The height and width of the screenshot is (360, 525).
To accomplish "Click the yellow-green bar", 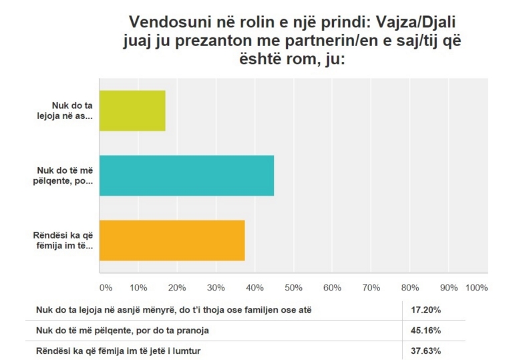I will [x=132, y=110].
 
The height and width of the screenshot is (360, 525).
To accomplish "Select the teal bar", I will [x=186, y=175].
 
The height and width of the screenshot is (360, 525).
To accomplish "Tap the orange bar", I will [x=172, y=240].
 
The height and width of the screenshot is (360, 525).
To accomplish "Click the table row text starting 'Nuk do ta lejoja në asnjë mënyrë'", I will [x=164, y=310].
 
